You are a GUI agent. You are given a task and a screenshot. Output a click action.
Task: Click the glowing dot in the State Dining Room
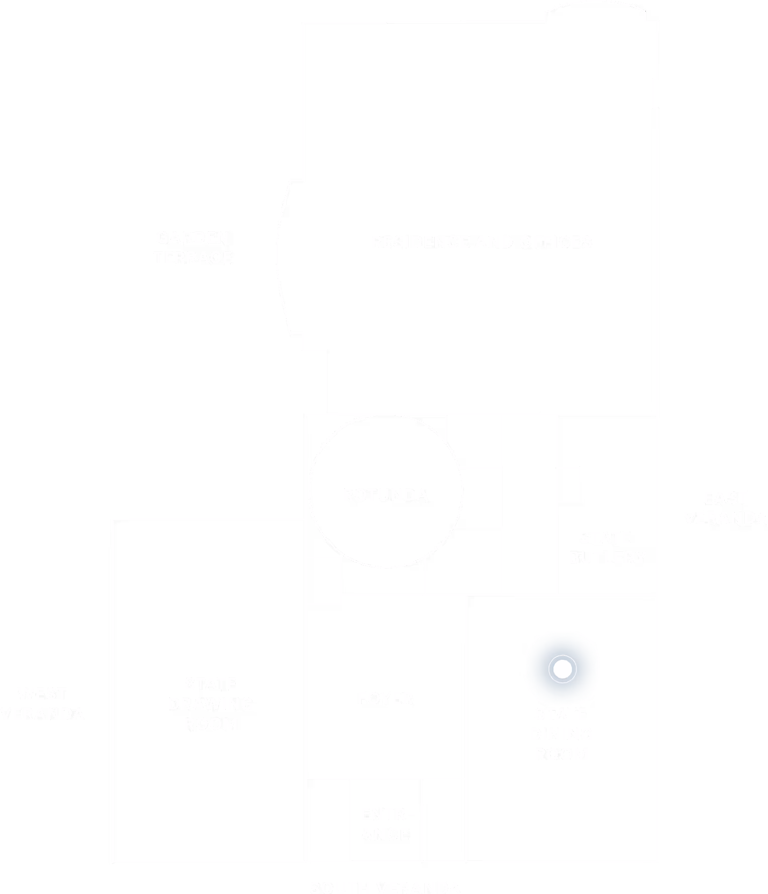(562, 669)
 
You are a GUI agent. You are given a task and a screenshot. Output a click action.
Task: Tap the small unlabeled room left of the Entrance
(328, 820)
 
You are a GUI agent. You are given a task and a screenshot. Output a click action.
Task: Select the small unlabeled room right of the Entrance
(444, 820)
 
